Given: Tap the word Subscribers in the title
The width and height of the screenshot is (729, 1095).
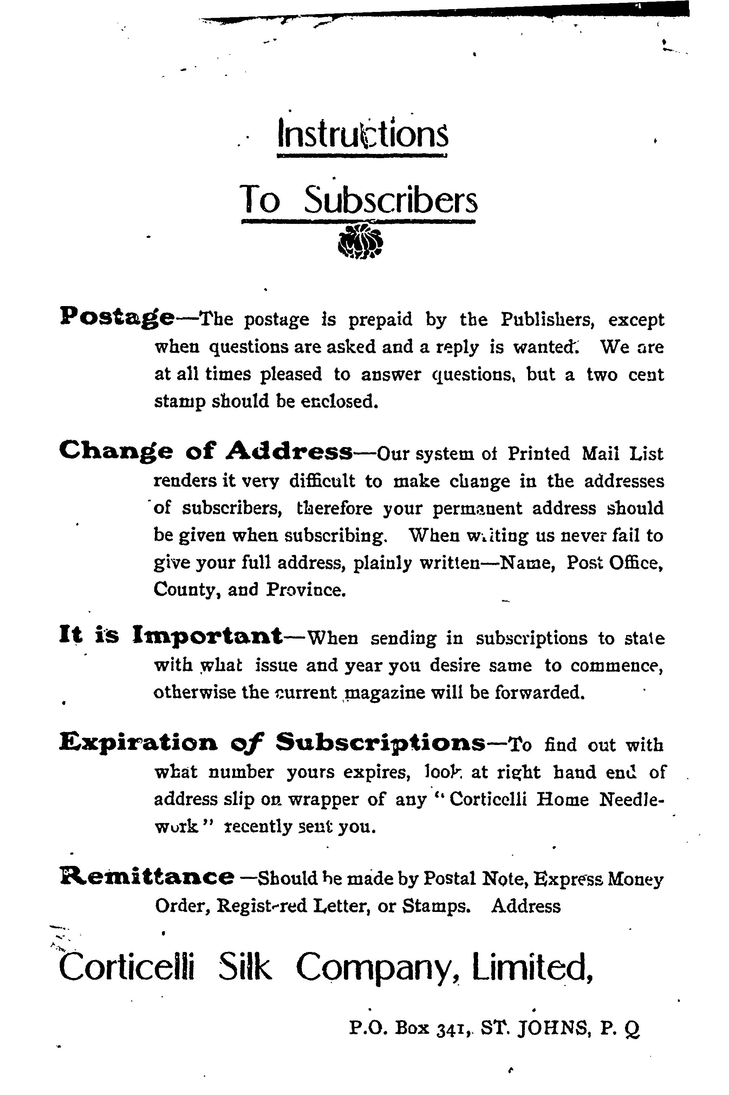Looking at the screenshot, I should [x=391, y=200].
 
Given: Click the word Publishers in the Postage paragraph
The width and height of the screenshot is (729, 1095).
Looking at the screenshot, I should [x=548, y=320].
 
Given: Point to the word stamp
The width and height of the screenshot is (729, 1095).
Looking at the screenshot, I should [x=180, y=401].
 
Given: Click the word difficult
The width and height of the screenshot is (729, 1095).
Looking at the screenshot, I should [x=322, y=481].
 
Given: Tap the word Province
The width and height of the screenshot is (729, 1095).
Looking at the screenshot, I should [x=306, y=590].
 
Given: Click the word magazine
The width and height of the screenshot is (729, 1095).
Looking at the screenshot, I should [x=383, y=693].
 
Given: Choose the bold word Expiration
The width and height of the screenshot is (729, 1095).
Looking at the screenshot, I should [x=138, y=744].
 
